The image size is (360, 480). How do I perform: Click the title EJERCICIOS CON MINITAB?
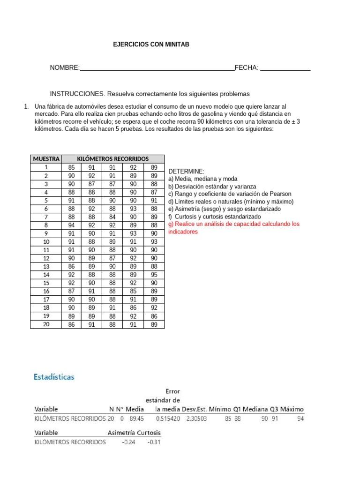tap(151, 45)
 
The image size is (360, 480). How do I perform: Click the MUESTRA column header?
tap(46, 159)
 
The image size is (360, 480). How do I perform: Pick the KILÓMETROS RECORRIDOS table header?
tap(112, 159)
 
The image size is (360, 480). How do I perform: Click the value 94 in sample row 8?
tap(71, 225)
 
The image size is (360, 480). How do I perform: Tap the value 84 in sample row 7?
tap(112, 217)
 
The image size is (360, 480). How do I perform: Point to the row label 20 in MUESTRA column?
tap(46, 324)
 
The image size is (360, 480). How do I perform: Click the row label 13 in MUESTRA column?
tap(46, 266)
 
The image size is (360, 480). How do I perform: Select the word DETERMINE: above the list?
tap(187, 172)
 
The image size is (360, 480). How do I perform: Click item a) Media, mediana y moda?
tap(202, 179)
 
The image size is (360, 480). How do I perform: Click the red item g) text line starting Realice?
tap(233, 224)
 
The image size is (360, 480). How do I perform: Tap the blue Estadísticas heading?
tap(54, 377)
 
